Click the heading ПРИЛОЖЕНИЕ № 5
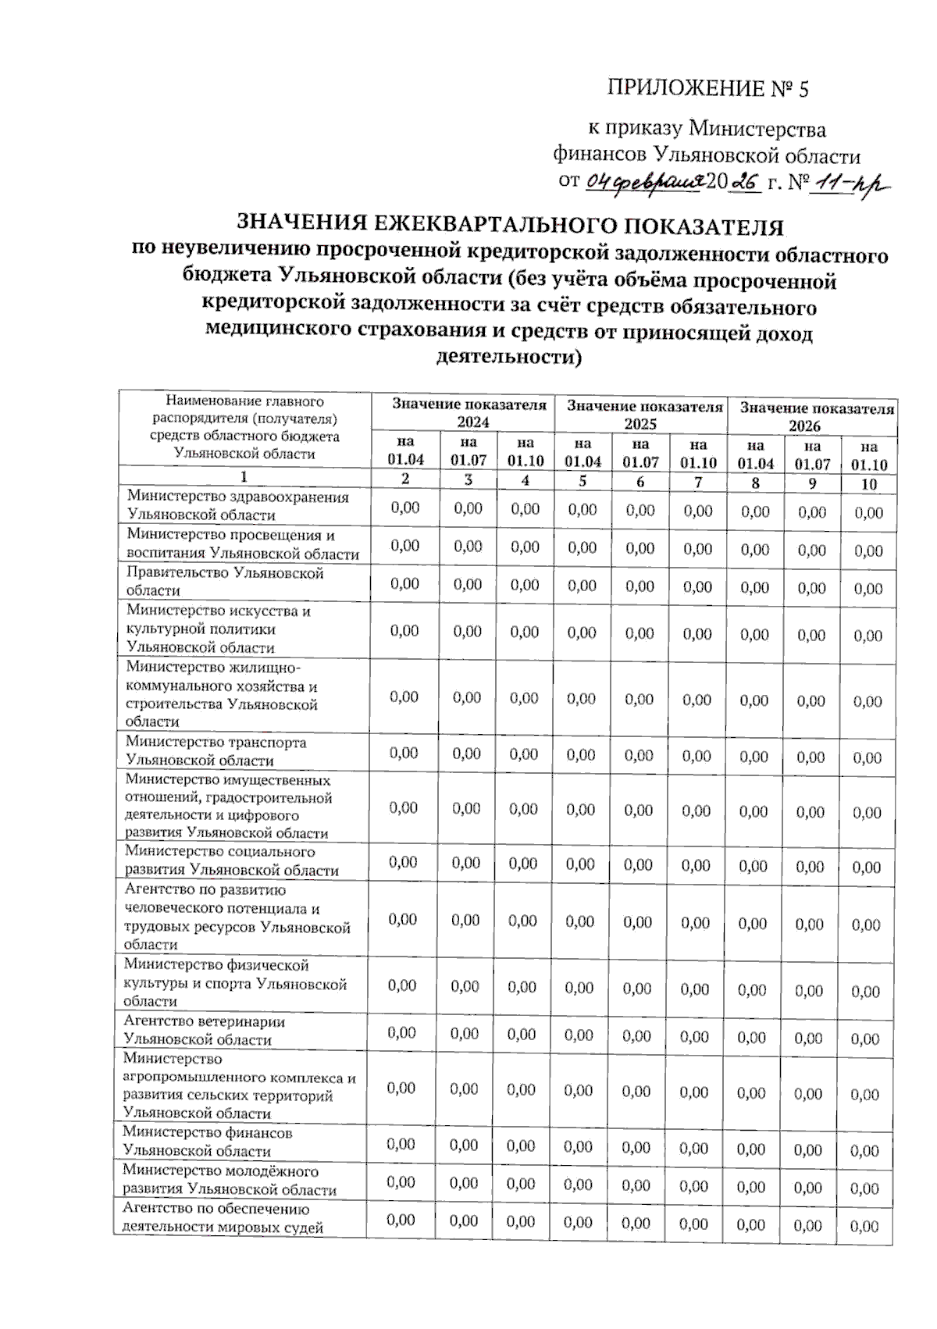(x=707, y=88)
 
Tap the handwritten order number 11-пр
(x=850, y=184)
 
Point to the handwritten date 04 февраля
(x=646, y=182)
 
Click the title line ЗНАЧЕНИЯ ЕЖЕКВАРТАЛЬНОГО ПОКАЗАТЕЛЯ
(x=509, y=226)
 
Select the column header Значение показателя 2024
(x=468, y=413)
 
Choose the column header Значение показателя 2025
(x=644, y=415)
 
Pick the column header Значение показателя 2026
(x=816, y=416)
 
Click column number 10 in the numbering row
(x=868, y=484)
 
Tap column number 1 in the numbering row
(x=244, y=477)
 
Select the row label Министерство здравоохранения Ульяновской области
(x=237, y=505)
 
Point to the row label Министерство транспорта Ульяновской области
(x=216, y=750)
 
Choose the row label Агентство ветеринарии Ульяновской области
(x=203, y=1030)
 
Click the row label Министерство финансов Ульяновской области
(x=207, y=1141)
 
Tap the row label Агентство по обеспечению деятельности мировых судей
(x=223, y=1217)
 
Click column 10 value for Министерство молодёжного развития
(x=864, y=1188)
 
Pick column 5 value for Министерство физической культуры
(x=579, y=988)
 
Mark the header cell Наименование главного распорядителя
(x=244, y=427)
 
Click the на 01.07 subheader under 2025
(x=640, y=453)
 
